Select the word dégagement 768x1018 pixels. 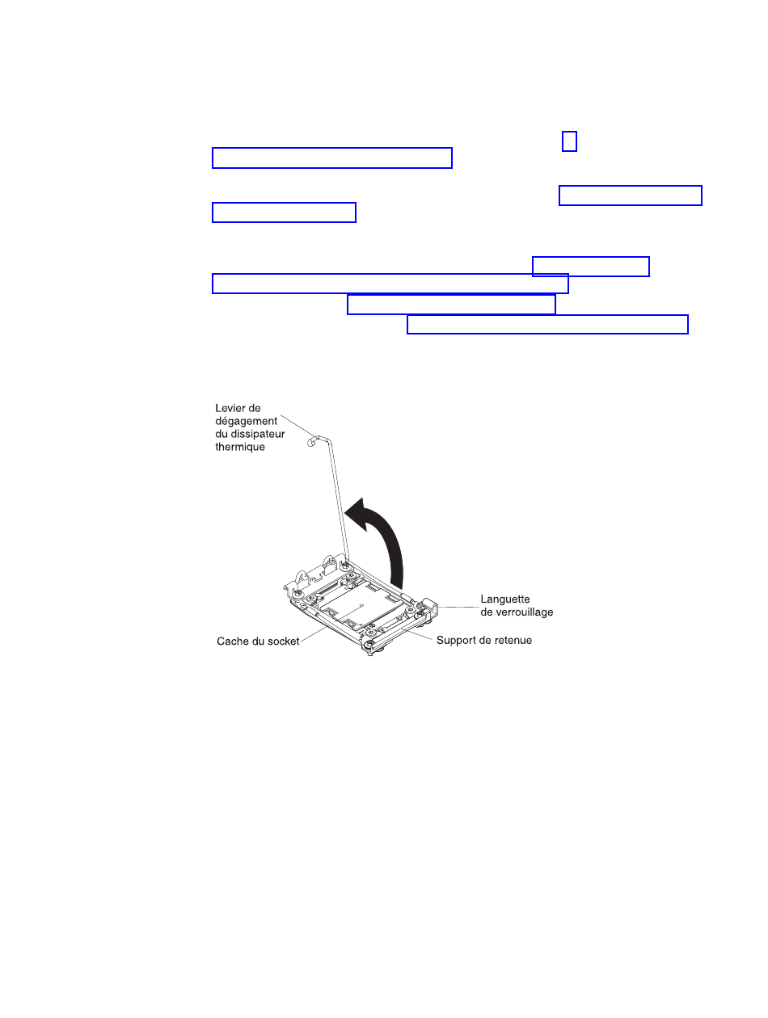pyautogui.click(x=246, y=422)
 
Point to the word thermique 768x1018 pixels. pyautogui.click(x=240, y=447)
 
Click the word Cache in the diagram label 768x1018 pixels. pyautogui.click(x=231, y=642)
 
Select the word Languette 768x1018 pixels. pyautogui.click(x=505, y=599)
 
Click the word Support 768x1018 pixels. pyautogui.click(x=454, y=641)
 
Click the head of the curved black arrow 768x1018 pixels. pyautogui.click(x=357, y=514)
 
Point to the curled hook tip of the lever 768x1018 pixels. pyautogui.click(x=311, y=441)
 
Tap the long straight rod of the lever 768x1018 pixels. pyautogui.click(x=338, y=501)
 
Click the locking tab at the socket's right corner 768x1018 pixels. pyautogui.click(x=428, y=605)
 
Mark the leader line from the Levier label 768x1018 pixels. pyautogui.click(x=298, y=426)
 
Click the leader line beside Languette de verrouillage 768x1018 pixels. pyautogui.click(x=458, y=607)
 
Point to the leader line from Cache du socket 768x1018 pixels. pyautogui.click(x=314, y=634)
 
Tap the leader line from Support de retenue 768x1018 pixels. pyautogui.click(x=419, y=635)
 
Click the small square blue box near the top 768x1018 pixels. pyautogui.click(x=569, y=141)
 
